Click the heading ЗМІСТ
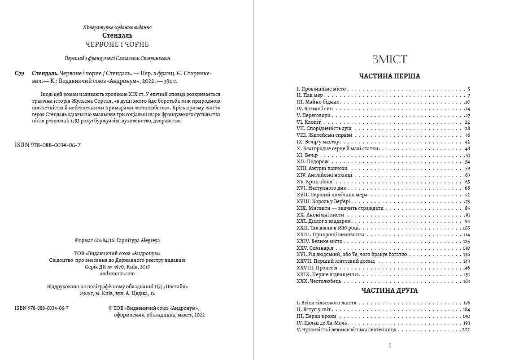[x=389, y=60]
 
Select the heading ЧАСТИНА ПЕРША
[x=389, y=76]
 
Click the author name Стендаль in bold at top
[x=117, y=35]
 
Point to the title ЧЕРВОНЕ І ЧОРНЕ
[x=117, y=44]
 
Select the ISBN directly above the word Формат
[x=48, y=145]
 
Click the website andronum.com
[x=117, y=273]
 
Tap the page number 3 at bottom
[x=389, y=345]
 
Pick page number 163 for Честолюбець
[x=466, y=281]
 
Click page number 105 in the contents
[x=466, y=228]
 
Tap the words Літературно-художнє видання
[x=117, y=27]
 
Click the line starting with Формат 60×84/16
[x=117, y=241]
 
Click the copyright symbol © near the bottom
[x=111, y=308]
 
